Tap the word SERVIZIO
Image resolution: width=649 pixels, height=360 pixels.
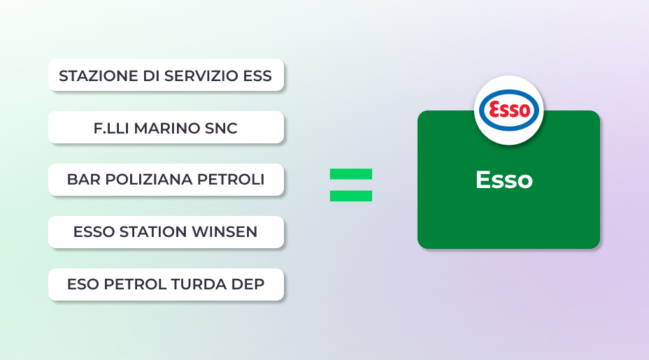click(x=201, y=76)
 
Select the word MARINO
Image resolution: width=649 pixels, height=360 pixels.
click(x=167, y=129)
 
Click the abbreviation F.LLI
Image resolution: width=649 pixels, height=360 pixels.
click(x=111, y=129)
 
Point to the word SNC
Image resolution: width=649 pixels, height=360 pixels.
click(x=221, y=129)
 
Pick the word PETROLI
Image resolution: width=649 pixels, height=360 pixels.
click(x=231, y=180)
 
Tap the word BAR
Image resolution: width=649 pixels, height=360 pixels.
click(x=84, y=180)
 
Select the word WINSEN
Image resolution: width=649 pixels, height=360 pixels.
click(x=224, y=231)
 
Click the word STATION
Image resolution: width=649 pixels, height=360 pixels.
click(x=153, y=231)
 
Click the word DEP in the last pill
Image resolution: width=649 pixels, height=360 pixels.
click(x=248, y=285)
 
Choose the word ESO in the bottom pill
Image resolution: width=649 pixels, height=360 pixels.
click(x=83, y=285)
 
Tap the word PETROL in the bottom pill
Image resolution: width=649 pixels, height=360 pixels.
click(x=135, y=285)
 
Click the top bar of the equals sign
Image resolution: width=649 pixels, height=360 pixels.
click(x=351, y=174)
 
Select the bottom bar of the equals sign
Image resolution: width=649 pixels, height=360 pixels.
click(x=351, y=196)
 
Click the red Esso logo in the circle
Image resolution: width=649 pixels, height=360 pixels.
click(x=509, y=110)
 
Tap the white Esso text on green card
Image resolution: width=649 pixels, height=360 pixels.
click(x=504, y=180)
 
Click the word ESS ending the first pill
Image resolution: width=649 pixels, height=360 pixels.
click(x=257, y=76)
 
